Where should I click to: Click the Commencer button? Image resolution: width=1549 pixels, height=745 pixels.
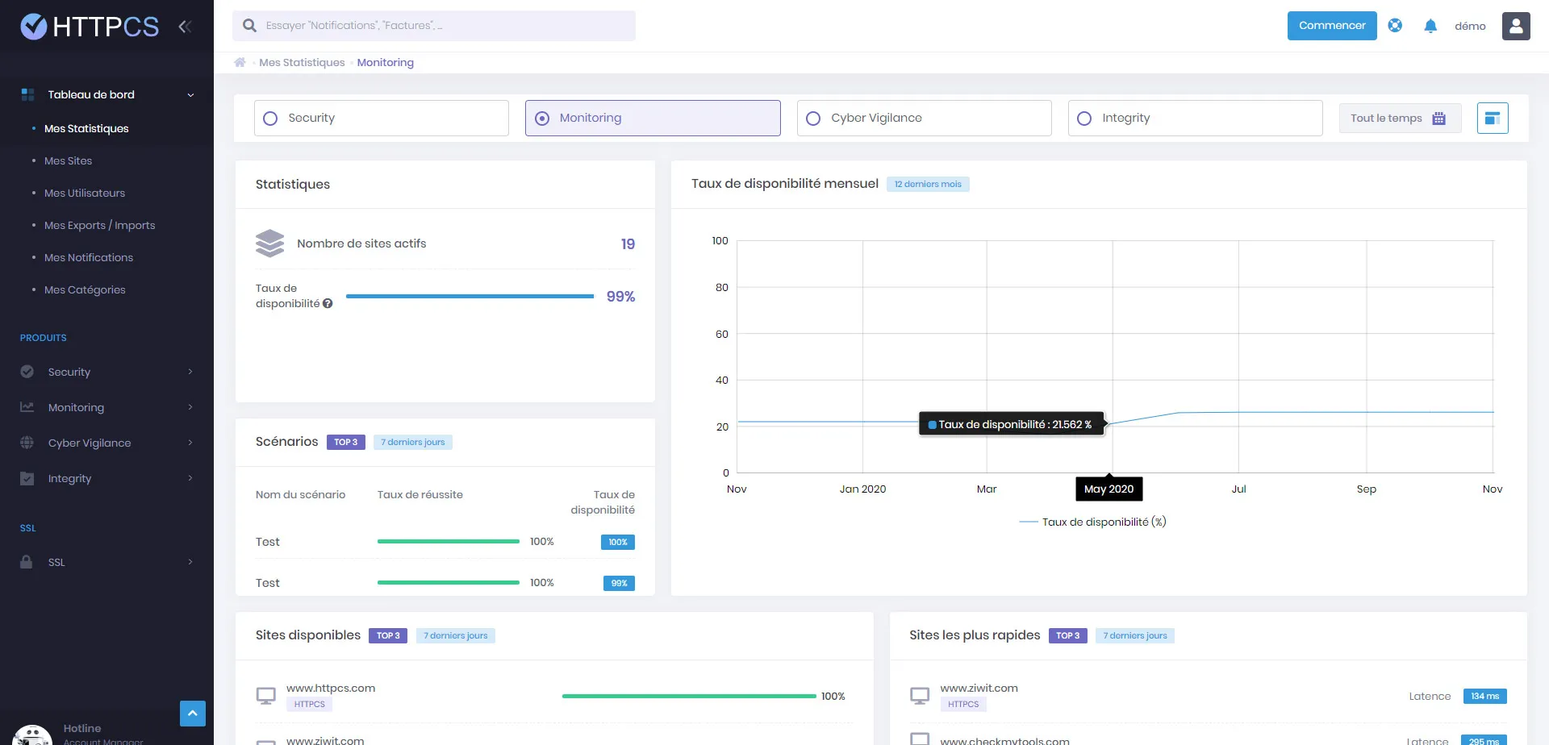1331,26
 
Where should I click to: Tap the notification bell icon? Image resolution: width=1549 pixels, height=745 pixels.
1430,26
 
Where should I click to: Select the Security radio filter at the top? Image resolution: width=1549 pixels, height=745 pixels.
271,119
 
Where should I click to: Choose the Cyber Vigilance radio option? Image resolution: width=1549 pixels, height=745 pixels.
813,119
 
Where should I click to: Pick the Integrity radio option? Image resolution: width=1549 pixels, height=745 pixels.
1084,119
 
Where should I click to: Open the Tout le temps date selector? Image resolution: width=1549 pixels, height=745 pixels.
1399,119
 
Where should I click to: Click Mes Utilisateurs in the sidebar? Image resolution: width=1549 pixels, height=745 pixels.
85,194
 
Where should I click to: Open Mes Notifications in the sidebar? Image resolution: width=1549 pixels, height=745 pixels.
89,258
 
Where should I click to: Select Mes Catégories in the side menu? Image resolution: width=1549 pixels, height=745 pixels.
85,290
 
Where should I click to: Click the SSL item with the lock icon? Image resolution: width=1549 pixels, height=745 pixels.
56,563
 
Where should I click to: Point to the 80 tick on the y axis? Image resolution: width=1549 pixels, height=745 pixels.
721,288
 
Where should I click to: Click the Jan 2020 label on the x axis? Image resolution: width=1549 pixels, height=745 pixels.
862,489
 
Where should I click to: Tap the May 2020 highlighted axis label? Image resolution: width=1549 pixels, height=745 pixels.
1109,489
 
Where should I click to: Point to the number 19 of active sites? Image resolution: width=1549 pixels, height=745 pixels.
628,244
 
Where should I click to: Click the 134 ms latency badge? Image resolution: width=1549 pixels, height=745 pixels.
1484,697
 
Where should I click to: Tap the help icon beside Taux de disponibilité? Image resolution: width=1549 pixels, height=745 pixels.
328,304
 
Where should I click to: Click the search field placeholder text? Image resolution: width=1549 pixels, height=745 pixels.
354,26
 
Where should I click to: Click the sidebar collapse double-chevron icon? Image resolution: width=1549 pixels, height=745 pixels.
185,27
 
